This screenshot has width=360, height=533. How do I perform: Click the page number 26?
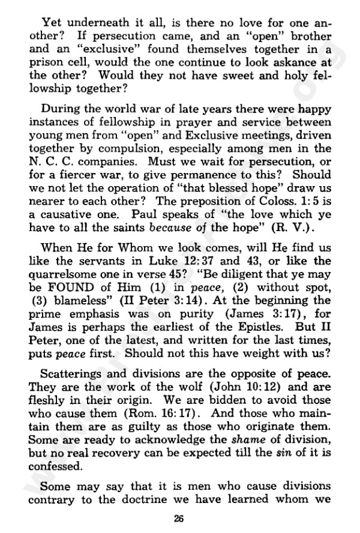click(x=179, y=519)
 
